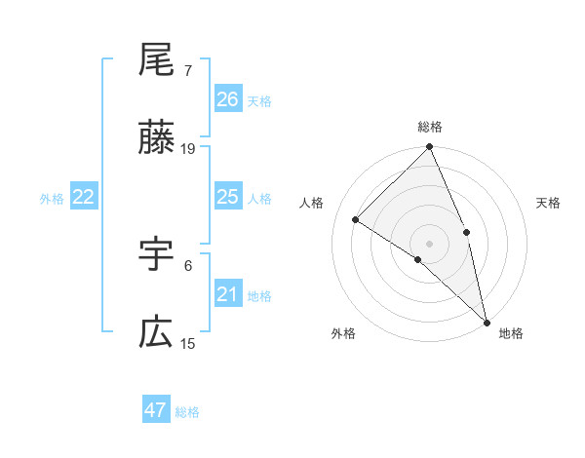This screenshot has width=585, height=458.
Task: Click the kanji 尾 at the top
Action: coord(156,60)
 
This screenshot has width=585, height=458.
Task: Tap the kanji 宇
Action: coord(156,255)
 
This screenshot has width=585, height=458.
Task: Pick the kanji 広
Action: coord(156,334)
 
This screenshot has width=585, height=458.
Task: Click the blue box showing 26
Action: coord(227,99)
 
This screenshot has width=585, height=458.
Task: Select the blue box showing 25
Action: coord(227,197)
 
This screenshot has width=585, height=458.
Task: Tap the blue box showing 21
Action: coord(227,294)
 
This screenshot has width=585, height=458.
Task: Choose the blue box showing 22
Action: coord(84,197)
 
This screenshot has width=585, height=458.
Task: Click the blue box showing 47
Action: coord(156,410)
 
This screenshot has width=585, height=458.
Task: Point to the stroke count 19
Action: coord(188,149)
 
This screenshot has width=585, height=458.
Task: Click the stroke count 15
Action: coord(188,343)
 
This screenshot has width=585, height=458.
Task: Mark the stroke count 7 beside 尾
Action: coord(188,70)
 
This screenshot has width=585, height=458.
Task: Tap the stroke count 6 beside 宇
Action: coord(188,264)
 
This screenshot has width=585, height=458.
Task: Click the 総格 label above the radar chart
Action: coord(430,127)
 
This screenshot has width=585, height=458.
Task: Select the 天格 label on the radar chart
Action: coord(548,203)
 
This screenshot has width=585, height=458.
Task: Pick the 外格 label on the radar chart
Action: coord(343,334)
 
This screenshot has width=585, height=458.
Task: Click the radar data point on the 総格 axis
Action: coord(430,147)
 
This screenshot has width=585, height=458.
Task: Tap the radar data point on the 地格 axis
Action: coord(486,321)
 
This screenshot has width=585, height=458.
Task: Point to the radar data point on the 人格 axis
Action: coord(356,219)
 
